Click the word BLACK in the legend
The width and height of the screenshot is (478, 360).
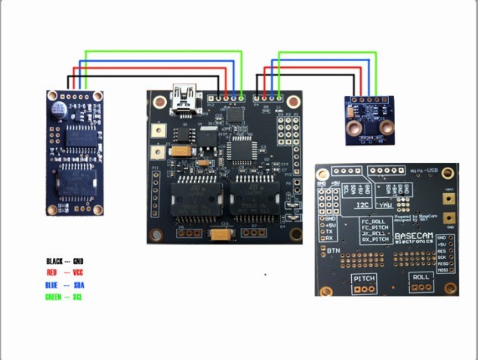[54, 261]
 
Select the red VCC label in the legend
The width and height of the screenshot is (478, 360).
[78, 272]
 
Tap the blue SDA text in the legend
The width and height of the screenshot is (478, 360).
[79, 286]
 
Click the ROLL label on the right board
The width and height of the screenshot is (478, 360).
[419, 278]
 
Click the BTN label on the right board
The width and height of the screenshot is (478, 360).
[334, 249]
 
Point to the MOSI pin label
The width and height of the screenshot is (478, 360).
[443, 269]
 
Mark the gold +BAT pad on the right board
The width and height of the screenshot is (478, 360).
[450, 198]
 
